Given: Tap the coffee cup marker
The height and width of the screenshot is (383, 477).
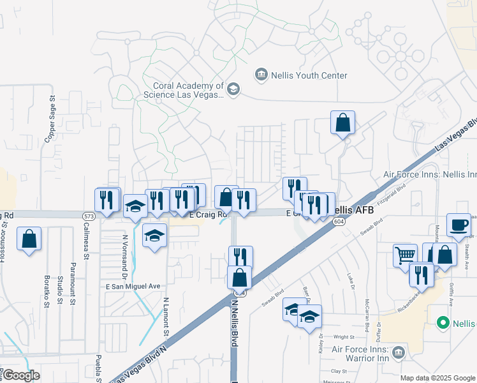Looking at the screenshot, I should (459, 225).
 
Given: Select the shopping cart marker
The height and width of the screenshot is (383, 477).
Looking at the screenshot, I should (405, 255).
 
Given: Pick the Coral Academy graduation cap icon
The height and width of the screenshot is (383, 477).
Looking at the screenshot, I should (233, 89).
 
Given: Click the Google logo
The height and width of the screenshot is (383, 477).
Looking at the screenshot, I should (20, 375).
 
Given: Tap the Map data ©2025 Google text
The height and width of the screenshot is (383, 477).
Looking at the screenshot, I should (437, 378).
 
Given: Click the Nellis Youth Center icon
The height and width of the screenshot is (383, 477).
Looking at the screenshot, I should (261, 75).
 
